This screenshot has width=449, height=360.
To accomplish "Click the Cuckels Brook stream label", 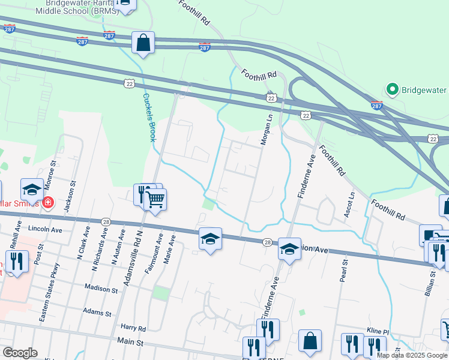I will [149, 116].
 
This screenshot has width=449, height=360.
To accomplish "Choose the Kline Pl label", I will [378, 331].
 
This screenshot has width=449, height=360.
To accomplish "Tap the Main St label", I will [131, 343].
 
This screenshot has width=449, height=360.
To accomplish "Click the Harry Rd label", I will [133, 328].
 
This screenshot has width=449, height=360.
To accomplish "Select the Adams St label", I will [98, 313].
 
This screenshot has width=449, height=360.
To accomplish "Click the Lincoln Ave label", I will [46, 230].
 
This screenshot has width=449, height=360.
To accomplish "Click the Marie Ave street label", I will [170, 248].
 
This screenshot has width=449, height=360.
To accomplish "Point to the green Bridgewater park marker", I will [393, 90].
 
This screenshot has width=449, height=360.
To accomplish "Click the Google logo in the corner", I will [20, 353].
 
